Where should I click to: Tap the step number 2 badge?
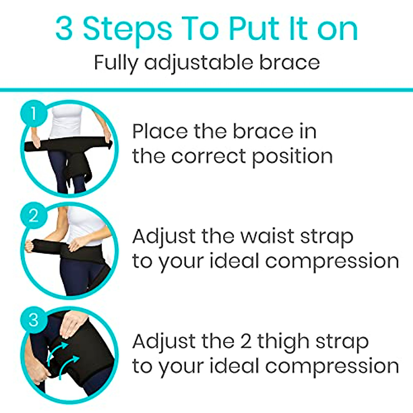(x=34, y=216)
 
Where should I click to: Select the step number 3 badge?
(x=34, y=319)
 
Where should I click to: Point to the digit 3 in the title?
(x=64, y=30)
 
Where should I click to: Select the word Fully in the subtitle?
(x=116, y=63)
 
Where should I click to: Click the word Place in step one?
(x=160, y=131)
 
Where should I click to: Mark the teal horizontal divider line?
(x=206, y=90)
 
